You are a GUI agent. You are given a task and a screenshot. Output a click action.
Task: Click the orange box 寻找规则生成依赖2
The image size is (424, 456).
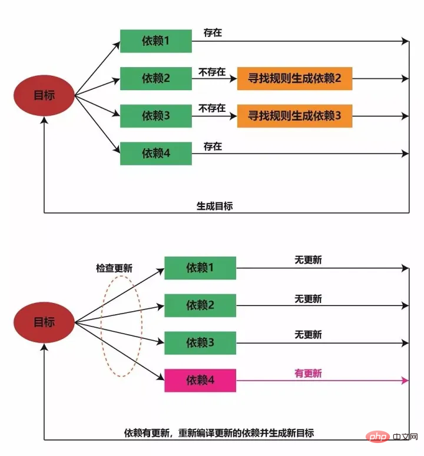click(294, 78)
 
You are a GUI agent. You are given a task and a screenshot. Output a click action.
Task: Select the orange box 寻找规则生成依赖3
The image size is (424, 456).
click(294, 116)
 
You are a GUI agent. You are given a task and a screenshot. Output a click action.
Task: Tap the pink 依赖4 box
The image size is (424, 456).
click(200, 380)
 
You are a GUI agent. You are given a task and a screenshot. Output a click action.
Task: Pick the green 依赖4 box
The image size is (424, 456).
click(156, 153)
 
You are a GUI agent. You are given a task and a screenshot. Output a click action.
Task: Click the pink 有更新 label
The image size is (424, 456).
click(308, 373)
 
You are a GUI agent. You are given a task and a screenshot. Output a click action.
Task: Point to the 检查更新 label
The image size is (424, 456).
click(114, 268)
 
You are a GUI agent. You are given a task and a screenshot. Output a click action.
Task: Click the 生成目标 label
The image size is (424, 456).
click(215, 206)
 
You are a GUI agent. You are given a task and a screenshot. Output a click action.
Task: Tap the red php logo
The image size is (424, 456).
click(377, 437)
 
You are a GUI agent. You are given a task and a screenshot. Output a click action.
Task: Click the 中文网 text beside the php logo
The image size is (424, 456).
click(405, 437)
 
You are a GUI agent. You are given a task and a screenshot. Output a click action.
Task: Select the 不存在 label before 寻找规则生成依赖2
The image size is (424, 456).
click(212, 72)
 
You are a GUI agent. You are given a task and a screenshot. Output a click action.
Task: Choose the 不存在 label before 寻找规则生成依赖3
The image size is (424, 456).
click(212, 108)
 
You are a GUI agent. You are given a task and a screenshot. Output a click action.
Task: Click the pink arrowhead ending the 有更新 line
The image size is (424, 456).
click(405, 380)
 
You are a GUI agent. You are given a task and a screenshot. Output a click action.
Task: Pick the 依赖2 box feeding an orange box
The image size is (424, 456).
click(156, 78)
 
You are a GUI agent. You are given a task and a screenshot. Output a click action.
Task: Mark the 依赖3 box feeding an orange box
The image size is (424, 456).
click(156, 116)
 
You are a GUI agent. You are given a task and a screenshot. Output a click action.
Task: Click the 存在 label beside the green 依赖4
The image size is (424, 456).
click(213, 147)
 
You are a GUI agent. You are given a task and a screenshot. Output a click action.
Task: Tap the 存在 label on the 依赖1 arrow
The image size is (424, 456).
click(213, 32)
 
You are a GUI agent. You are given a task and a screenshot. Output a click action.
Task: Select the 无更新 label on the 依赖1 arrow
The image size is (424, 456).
click(308, 259)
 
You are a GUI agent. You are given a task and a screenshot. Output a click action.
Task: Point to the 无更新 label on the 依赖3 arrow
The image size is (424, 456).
click(308, 334)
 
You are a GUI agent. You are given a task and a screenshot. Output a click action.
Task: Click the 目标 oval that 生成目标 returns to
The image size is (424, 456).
click(44, 95)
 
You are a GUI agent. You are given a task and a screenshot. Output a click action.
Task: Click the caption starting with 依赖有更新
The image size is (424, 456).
click(219, 433)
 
